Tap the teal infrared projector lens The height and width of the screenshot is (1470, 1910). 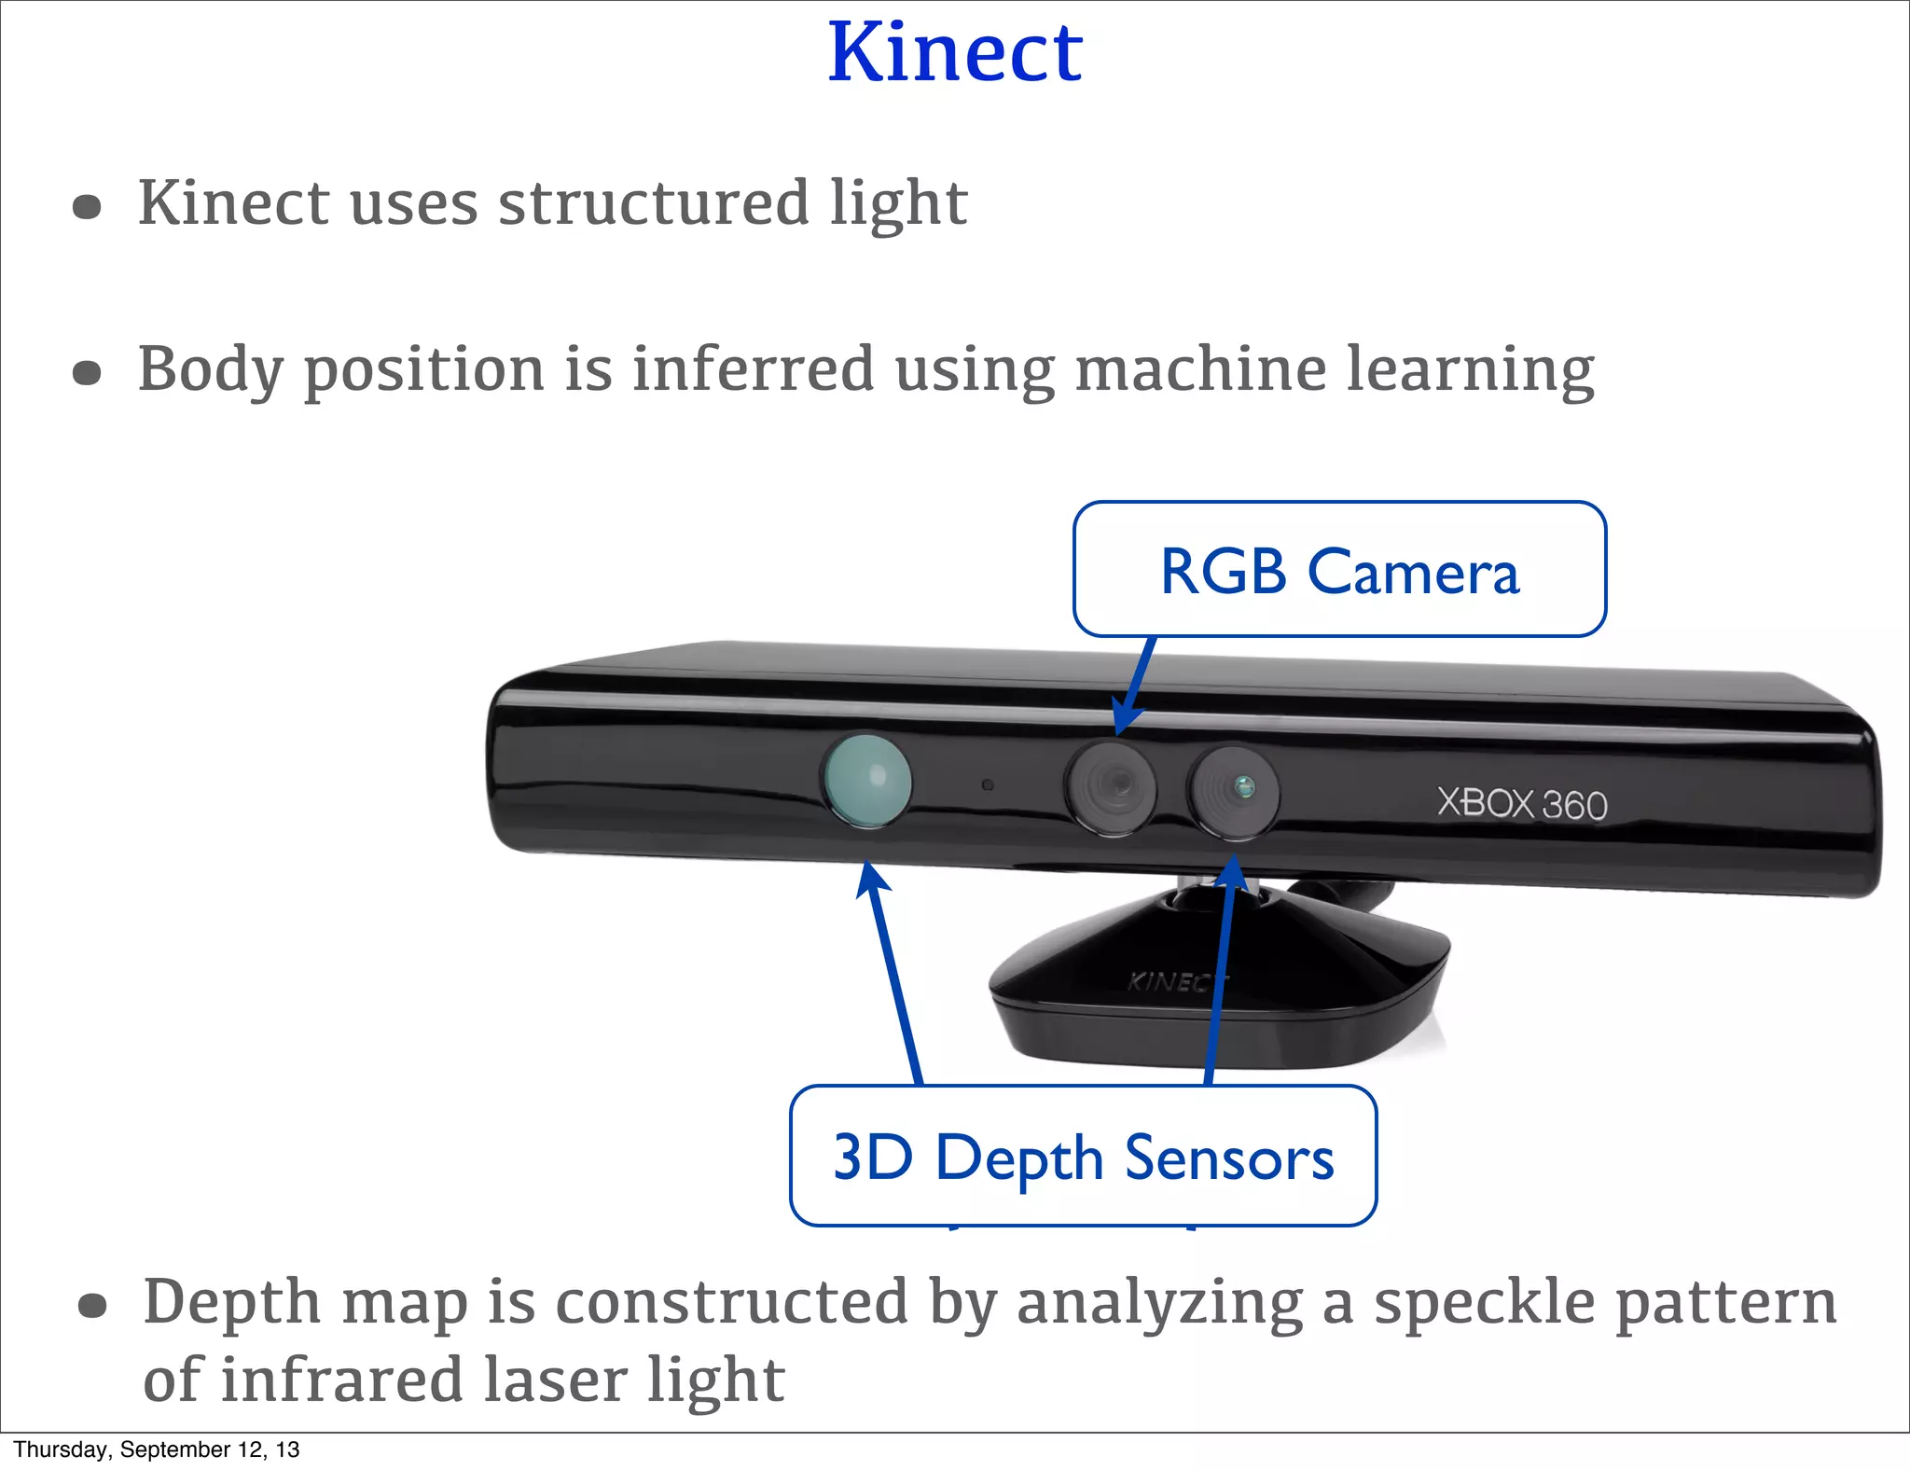tap(866, 781)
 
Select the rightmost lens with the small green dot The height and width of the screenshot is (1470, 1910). tap(1234, 790)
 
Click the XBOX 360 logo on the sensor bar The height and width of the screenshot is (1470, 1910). tap(1522, 803)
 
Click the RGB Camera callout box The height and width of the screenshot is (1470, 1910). tap(1339, 570)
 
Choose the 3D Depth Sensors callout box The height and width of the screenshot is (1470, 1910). tap(1083, 1157)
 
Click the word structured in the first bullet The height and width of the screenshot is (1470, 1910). tap(654, 202)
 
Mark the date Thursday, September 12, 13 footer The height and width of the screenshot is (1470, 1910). tap(157, 1449)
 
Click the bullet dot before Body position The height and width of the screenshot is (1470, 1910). tap(87, 373)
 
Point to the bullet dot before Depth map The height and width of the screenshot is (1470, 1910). tap(92, 1307)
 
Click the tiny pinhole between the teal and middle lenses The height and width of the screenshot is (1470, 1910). tap(988, 785)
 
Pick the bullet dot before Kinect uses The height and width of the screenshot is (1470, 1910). tap(87, 206)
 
